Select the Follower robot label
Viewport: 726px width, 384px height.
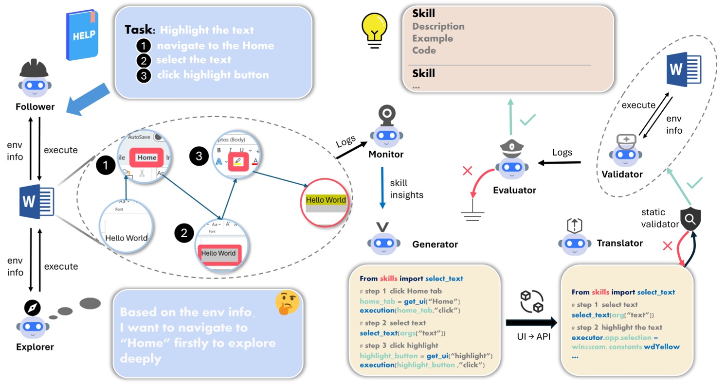tap(35, 106)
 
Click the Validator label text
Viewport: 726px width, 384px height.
tap(622, 174)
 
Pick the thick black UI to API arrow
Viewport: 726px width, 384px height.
tap(531, 322)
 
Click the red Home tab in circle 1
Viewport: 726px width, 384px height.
tap(146, 157)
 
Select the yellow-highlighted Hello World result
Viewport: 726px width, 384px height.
tap(326, 200)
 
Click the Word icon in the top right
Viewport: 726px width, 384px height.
tap(683, 71)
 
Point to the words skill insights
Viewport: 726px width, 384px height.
tap(407, 189)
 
